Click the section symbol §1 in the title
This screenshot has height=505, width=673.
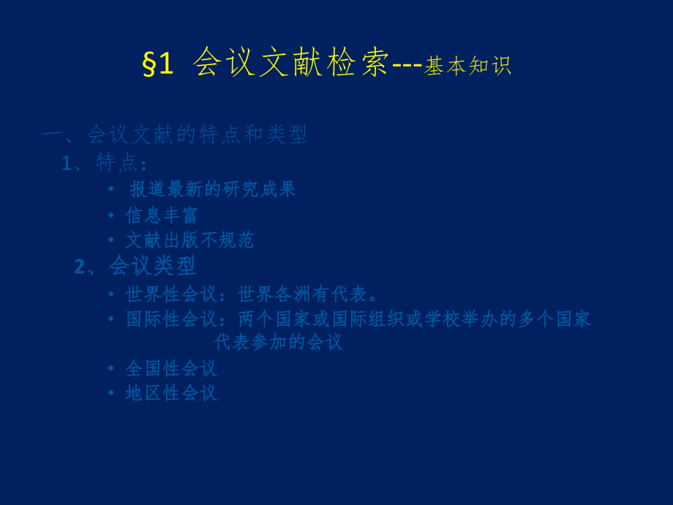click(158, 65)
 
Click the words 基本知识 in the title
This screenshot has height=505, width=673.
click(467, 66)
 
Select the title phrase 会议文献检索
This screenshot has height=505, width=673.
click(291, 64)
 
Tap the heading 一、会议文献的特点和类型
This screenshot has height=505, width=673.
click(175, 134)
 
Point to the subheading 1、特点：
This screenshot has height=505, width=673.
click(105, 162)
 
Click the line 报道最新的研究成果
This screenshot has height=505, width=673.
click(213, 189)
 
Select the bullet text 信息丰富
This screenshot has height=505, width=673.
click(162, 215)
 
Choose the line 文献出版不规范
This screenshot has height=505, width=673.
click(189, 240)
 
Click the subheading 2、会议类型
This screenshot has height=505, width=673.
click(135, 266)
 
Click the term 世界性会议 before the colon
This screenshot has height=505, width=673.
click(171, 294)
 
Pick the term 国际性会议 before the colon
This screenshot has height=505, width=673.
click(171, 319)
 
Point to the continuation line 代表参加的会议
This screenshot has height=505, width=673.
click(278, 342)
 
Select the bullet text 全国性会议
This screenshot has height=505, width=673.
click(171, 368)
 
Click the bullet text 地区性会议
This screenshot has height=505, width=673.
click(171, 393)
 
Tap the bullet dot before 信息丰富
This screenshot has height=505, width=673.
click(111, 215)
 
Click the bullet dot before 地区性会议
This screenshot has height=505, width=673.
click(111, 393)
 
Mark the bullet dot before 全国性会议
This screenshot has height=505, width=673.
click(111, 368)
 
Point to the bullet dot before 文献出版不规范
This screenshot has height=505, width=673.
click(111, 240)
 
